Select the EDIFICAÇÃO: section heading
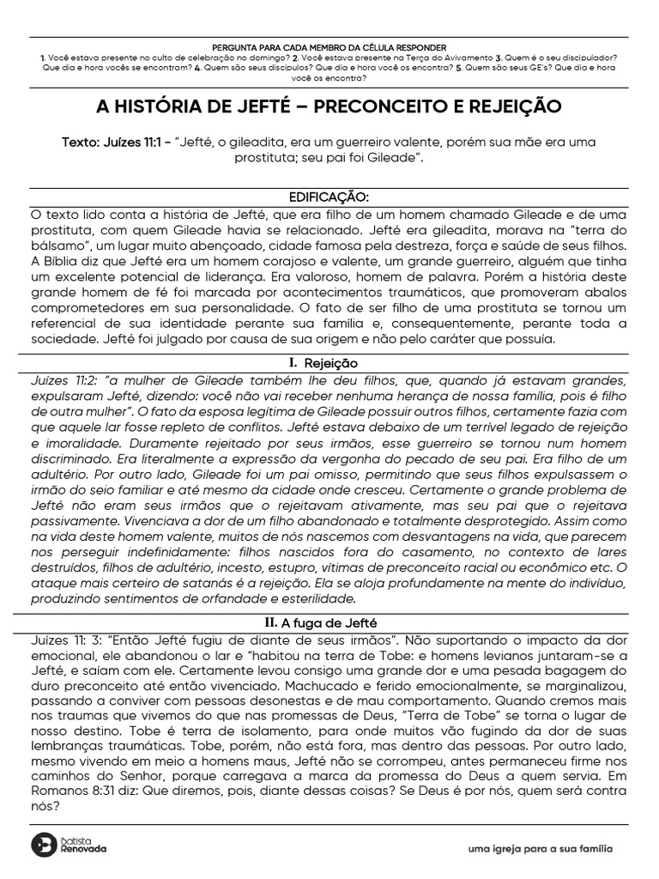tap(329, 197)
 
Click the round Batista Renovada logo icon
tap(42, 844)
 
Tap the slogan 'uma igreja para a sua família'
tap(540, 849)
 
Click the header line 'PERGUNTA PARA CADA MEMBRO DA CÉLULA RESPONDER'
tap(329, 46)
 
